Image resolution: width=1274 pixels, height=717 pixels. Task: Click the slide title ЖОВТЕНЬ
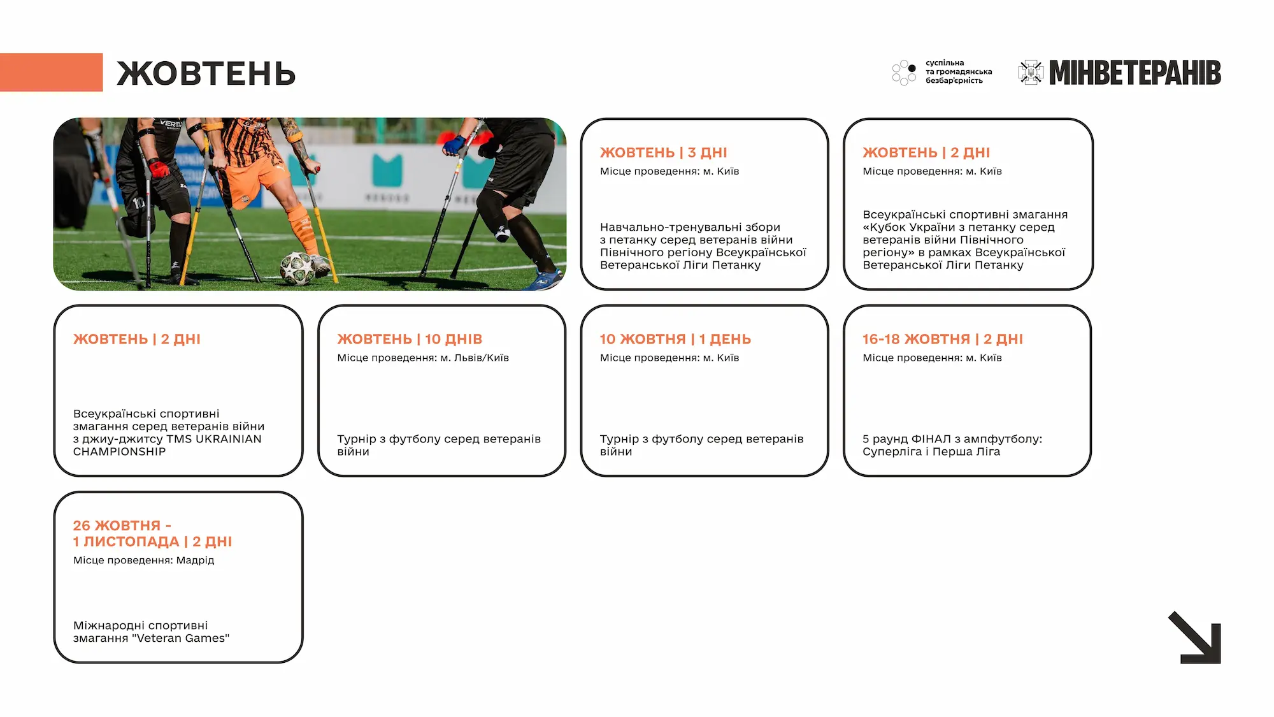[206, 74]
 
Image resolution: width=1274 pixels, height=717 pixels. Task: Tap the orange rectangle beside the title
[51, 72]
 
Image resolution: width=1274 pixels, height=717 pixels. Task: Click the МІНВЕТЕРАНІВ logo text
[1134, 73]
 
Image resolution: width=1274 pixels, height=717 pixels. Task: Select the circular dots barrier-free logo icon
[904, 73]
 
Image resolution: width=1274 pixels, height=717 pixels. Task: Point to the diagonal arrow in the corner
[1195, 638]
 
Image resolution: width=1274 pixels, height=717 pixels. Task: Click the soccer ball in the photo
[297, 268]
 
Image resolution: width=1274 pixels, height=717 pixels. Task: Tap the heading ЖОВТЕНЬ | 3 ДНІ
[663, 153]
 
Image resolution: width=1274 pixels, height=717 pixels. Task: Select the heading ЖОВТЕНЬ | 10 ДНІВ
[410, 339]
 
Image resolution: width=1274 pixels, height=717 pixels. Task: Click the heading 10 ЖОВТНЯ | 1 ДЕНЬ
[675, 339]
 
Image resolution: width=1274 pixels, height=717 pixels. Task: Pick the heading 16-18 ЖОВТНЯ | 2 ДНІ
[943, 339]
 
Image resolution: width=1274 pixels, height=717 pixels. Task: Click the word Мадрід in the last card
[195, 560]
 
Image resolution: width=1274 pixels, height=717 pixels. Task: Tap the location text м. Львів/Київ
[475, 358]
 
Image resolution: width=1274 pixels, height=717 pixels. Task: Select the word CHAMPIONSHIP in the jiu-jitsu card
[119, 452]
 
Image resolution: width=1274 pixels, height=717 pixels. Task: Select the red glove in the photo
[159, 168]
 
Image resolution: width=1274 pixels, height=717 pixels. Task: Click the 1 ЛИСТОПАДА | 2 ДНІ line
[152, 542]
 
